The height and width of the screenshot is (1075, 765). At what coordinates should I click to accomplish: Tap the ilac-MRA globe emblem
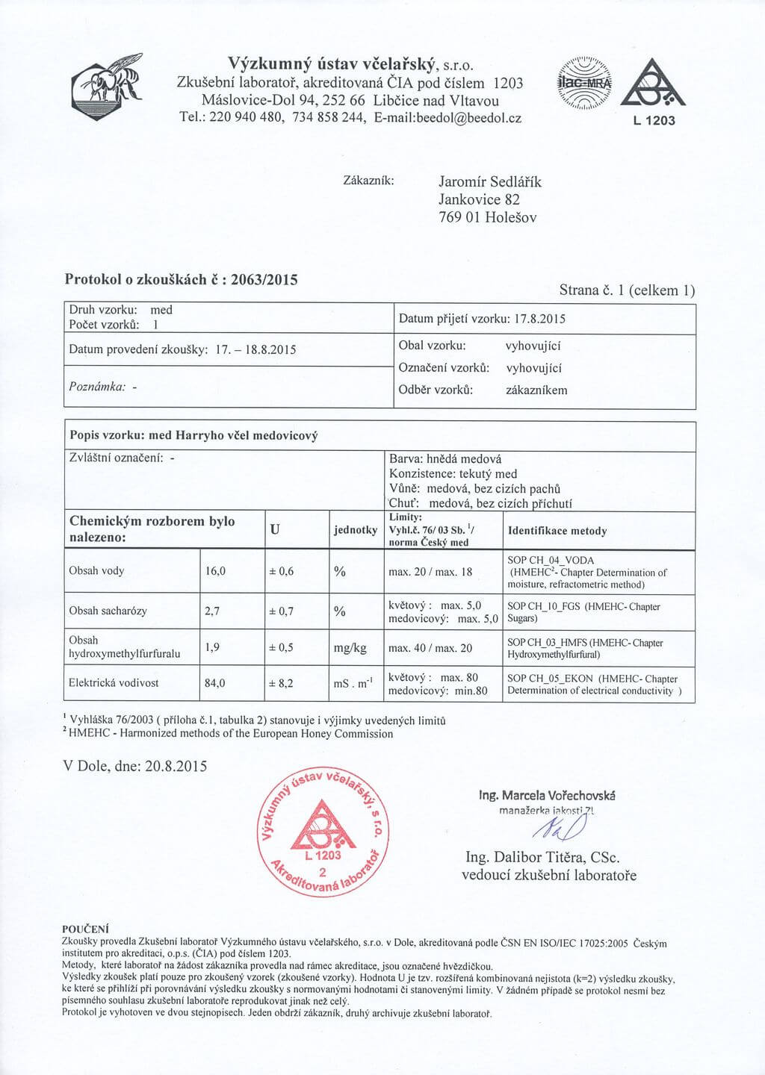tap(584, 84)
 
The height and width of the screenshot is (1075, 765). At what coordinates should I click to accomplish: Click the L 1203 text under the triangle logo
tap(654, 121)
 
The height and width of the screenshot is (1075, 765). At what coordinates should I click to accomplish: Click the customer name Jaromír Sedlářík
tap(489, 181)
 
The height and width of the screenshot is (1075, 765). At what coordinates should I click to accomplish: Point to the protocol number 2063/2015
tap(264, 280)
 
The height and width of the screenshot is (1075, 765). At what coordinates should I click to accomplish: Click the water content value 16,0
tap(215, 571)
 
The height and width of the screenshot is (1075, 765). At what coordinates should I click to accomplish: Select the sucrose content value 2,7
tap(212, 611)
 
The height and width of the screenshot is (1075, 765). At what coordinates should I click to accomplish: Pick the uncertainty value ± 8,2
tap(282, 683)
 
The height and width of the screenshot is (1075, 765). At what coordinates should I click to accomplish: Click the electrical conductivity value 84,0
tap(215, 683)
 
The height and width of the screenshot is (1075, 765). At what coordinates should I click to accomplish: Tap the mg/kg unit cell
tap(350, 648)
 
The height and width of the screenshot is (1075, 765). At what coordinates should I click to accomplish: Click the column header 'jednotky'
tap(356, 530)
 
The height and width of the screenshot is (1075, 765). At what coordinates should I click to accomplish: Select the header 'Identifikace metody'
tap(557, 531)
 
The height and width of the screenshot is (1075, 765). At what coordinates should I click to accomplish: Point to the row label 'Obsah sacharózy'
tap(108, 611)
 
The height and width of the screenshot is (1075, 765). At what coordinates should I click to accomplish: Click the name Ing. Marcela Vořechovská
tap(547, 795)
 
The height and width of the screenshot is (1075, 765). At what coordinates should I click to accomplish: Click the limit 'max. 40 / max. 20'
tap(430, 648)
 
